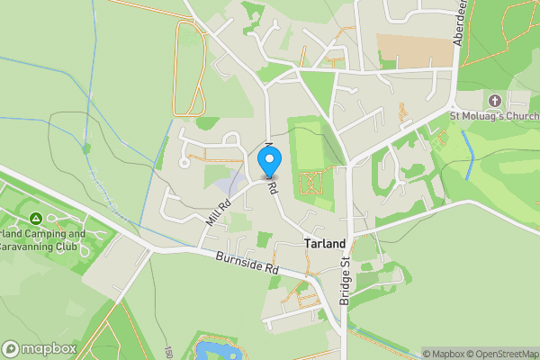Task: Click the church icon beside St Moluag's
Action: [494, 99]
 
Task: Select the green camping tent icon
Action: [35, 218]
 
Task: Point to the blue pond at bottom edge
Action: [215, 348]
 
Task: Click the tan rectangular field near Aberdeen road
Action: [413, 49]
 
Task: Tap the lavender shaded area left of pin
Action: [230, 183]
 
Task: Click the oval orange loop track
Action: [189, 67]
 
